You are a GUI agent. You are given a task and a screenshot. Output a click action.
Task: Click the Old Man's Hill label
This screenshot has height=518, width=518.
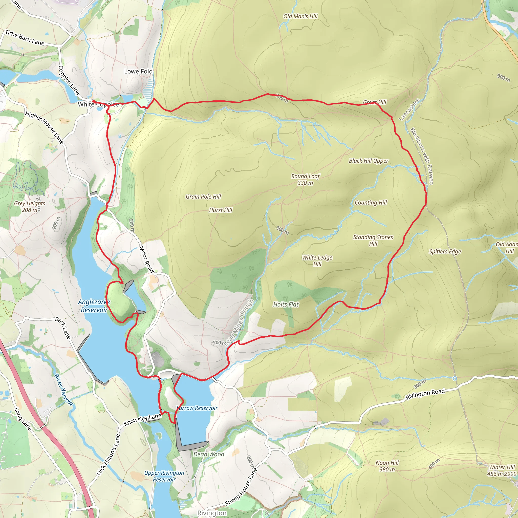point(300,16)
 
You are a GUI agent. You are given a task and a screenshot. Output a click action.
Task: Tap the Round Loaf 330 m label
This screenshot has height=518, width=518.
point(305,180)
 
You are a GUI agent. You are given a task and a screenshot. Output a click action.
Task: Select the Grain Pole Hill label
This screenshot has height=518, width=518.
point(203,197)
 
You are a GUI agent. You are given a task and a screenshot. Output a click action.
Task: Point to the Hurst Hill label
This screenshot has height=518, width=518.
point(220,210)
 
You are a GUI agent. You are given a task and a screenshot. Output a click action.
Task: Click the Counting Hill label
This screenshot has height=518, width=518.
point(371,203)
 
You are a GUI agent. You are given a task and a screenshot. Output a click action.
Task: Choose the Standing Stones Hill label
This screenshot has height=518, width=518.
point(373,241)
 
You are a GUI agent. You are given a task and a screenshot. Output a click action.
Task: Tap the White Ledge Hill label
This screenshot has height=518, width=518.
point(317,261)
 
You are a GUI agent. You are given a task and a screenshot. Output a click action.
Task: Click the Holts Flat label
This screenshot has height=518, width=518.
point(286,305)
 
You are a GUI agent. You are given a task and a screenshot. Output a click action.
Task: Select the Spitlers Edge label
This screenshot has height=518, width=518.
point(445,251)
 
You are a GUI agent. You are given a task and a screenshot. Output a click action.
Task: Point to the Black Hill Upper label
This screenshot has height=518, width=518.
point(368,161)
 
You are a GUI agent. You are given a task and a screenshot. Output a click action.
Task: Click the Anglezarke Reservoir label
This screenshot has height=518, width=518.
point(94,306)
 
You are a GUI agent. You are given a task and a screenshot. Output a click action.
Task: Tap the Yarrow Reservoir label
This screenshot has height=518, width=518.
point(197,408)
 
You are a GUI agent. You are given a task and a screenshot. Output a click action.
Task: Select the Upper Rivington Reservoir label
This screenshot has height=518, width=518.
point(164,476)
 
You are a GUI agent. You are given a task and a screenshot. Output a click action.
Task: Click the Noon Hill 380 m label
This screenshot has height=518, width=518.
point(387,466)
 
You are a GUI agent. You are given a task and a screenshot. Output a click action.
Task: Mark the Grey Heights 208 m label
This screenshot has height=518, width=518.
point(30,207)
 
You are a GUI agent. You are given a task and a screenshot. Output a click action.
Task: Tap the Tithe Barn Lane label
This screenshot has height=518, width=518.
point(25,38)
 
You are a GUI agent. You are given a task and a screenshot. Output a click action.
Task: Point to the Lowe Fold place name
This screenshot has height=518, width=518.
point(138,71)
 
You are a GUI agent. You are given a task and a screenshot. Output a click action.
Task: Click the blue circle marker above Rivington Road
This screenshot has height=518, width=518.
point(455,378)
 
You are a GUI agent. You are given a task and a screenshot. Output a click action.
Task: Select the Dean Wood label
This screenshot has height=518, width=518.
point(209,454)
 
